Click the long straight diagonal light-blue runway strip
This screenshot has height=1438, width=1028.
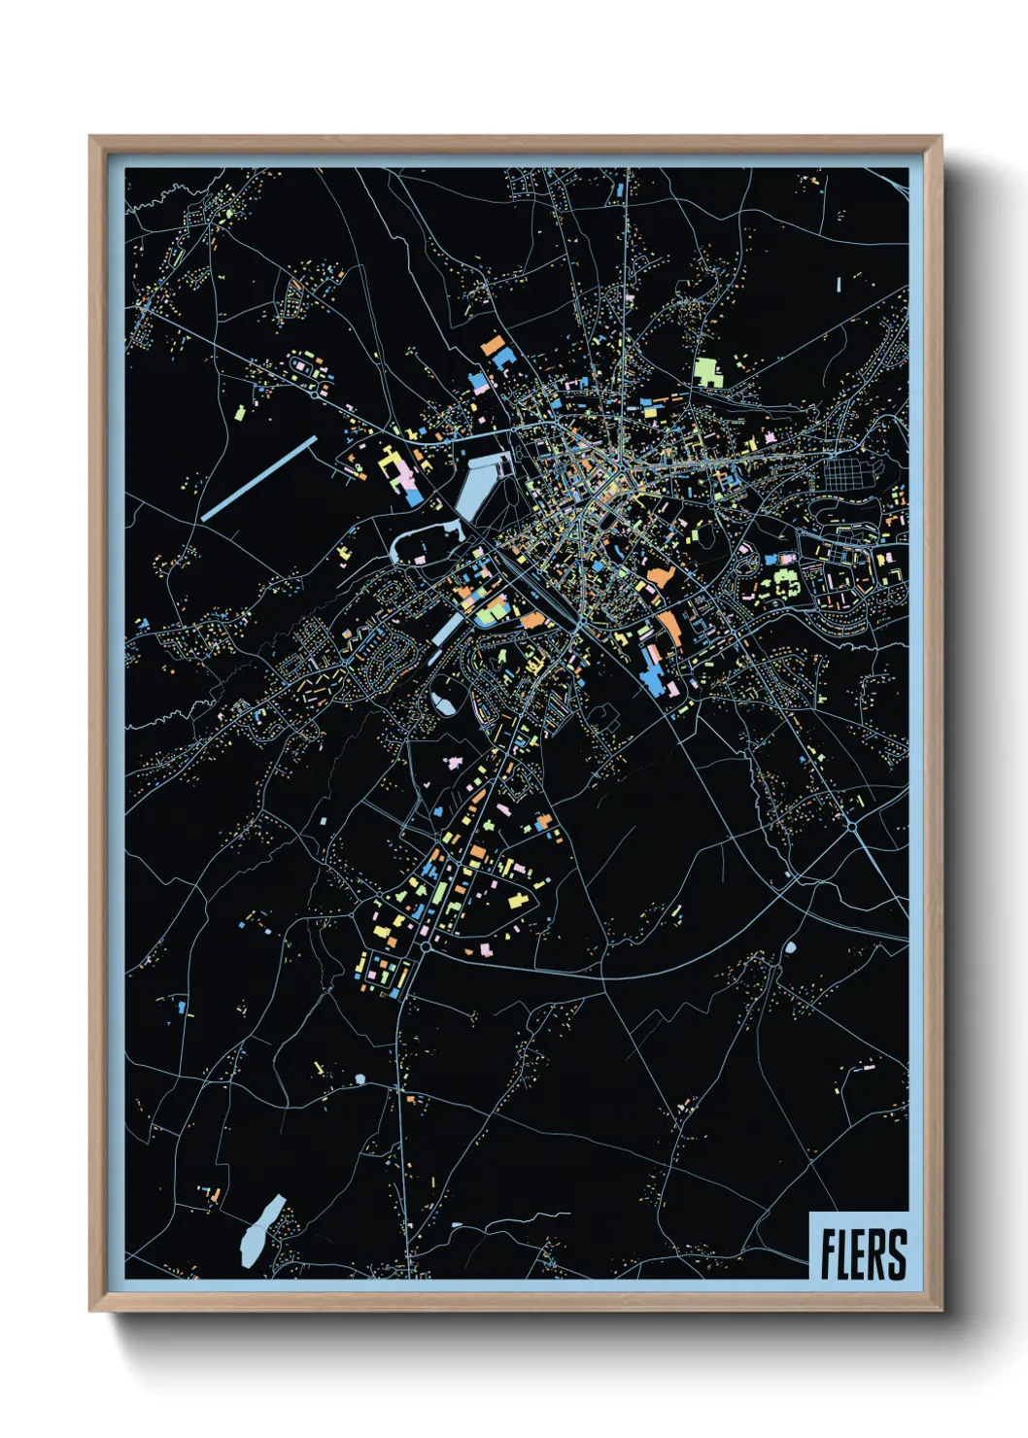(x=259, y=478)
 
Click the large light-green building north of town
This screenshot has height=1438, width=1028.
(x=707, y=372)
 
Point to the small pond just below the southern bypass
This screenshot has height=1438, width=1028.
(x=790, y=945)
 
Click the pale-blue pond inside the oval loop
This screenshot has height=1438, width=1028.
(x=444, y=701)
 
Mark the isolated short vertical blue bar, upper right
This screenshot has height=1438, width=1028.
(x=838, y=284)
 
